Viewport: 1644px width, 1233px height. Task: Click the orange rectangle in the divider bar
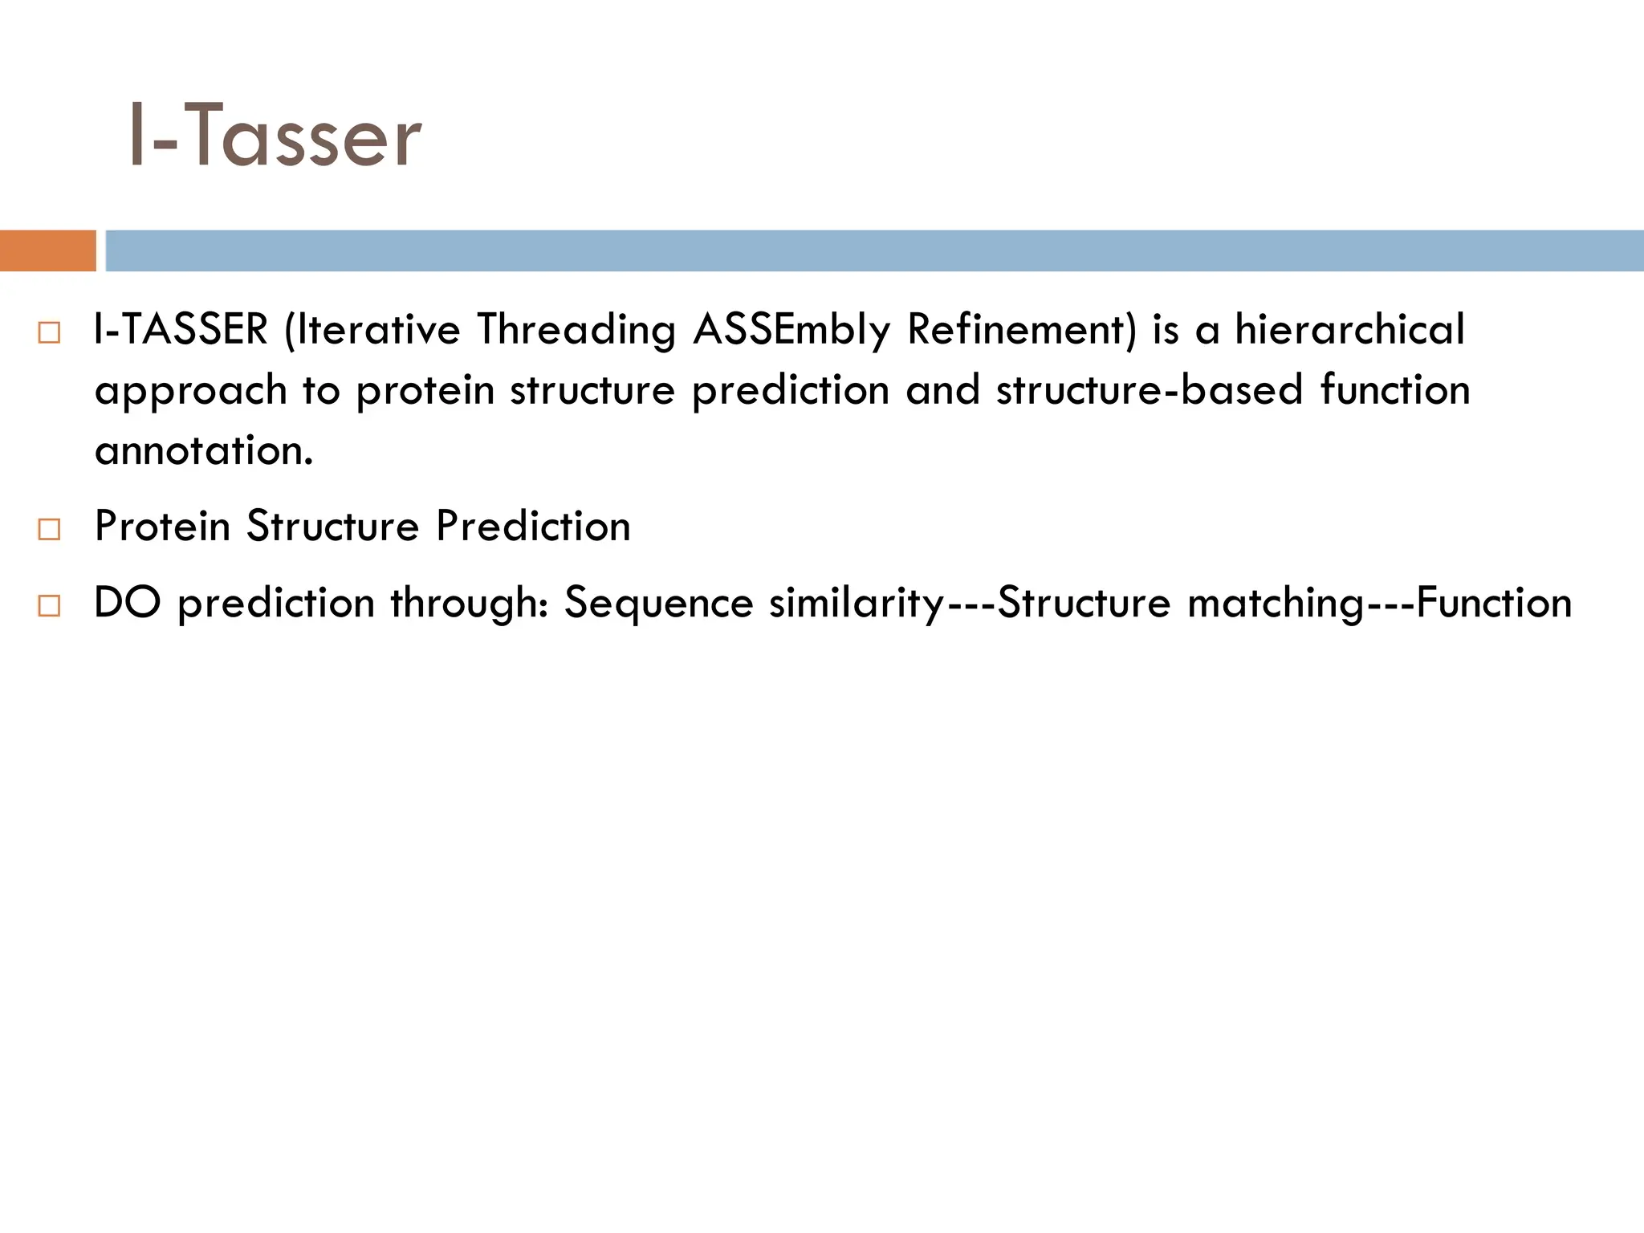click(47, 250)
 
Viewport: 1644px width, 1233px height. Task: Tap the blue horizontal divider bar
click(873, 250)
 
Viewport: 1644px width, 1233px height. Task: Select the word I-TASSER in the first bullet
click(181, 330)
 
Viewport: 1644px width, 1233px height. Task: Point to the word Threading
click(576, 330)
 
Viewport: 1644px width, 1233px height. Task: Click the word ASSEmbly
click(791, 330)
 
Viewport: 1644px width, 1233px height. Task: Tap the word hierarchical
click(1349, 330)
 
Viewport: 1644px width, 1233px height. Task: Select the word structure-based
click(1149, 390)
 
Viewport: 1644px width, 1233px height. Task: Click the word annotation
click(202, 450)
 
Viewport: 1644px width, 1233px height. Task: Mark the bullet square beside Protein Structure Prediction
click(49, 529)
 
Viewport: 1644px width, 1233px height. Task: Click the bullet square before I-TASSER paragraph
click(49, 332)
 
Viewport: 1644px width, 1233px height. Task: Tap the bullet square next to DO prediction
click(49, 606)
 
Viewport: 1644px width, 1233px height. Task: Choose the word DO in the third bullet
click(128, 603)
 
